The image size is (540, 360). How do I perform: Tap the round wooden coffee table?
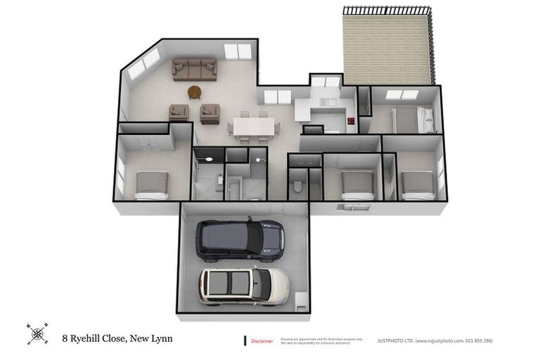[194, 92]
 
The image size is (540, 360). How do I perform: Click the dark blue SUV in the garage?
[240, 238]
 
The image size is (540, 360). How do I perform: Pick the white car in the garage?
[243, 285]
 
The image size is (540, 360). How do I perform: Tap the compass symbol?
[37, 334]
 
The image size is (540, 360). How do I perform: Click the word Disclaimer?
[262, 341]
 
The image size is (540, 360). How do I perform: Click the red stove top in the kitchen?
[349, 121]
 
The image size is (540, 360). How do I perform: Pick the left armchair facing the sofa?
[179, 112]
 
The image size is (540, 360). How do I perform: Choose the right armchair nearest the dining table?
[210, 112]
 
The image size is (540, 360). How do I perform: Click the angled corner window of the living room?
[143, 63]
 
